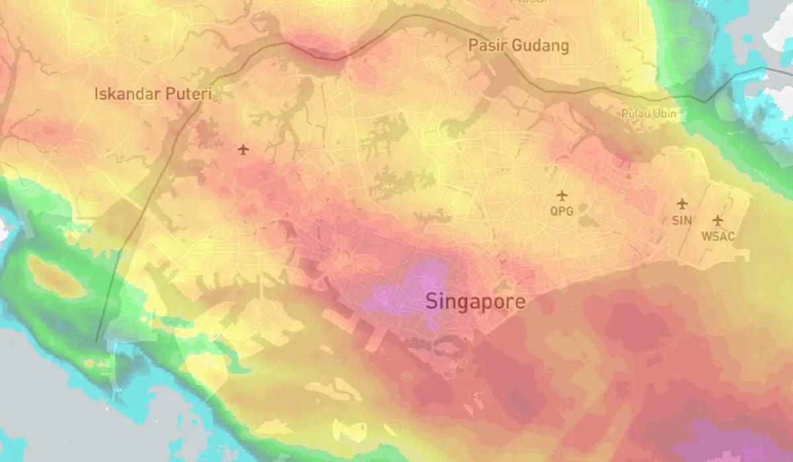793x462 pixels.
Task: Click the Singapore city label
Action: click(x=476, y=302)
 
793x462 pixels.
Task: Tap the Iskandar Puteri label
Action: click(x=153, y=94)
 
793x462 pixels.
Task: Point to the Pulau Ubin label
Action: click(x=649, y=114)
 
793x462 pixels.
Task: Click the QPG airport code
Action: click(x=562, y=212)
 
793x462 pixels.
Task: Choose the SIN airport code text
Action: click(x=681, y=220)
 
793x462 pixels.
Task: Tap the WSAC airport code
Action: click(x=718, y=236)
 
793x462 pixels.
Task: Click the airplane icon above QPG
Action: click(x=562, y=195)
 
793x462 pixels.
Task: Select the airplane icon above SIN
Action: click(x=681, y=204)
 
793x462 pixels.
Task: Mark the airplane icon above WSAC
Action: click(x=718, y=220)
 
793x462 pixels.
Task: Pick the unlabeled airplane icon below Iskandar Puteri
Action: click(x=244, y=150)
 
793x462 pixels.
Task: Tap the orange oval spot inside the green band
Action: click(x=56, y=277)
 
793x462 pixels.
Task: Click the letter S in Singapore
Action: click(x=432, y=302)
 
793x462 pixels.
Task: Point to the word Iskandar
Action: click(x=125, y=94)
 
